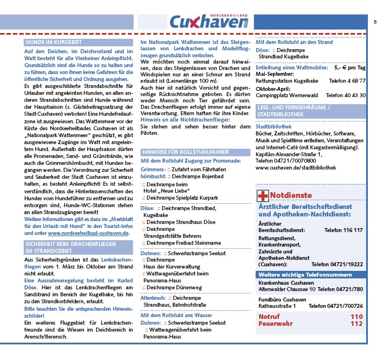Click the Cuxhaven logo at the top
pos(209,22)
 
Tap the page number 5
pos(375,22)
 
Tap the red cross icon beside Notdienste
pos(262,196)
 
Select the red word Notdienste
pos(291,196)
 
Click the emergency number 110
pos(356,317)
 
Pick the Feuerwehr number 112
pos(356,324)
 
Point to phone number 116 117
pos(351,230)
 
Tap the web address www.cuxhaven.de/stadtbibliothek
pos(296,167)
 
